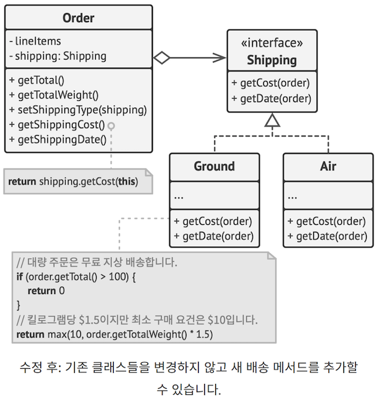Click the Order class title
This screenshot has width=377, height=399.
click(x=78, y=18)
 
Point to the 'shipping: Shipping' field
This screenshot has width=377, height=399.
click(x=58, y=56)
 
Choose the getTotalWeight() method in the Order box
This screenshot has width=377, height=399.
click(x=54, y=95)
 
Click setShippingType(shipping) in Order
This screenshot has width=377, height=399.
click(x=78, y=110)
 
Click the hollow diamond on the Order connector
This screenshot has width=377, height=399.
click(x=161, y=58)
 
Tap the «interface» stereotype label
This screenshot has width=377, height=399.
click(x=272, y=44)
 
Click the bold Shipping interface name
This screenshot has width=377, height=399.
click(x=272, y=60)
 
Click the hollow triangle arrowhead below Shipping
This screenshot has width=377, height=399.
click(x=273, y=121)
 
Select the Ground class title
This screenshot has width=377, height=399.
click(x=214, y=166)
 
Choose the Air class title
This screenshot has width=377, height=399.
click(x=328, y=166)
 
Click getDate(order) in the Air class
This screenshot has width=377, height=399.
click(x=328, y=236)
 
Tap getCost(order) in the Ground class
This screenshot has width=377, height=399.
click(x=212, y=221)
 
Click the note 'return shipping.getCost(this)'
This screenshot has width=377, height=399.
click(x=73, y=182)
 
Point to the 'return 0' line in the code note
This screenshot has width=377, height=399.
click(x=47, y=291)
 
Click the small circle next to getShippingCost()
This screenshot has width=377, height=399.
click(x=111, y=125)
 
